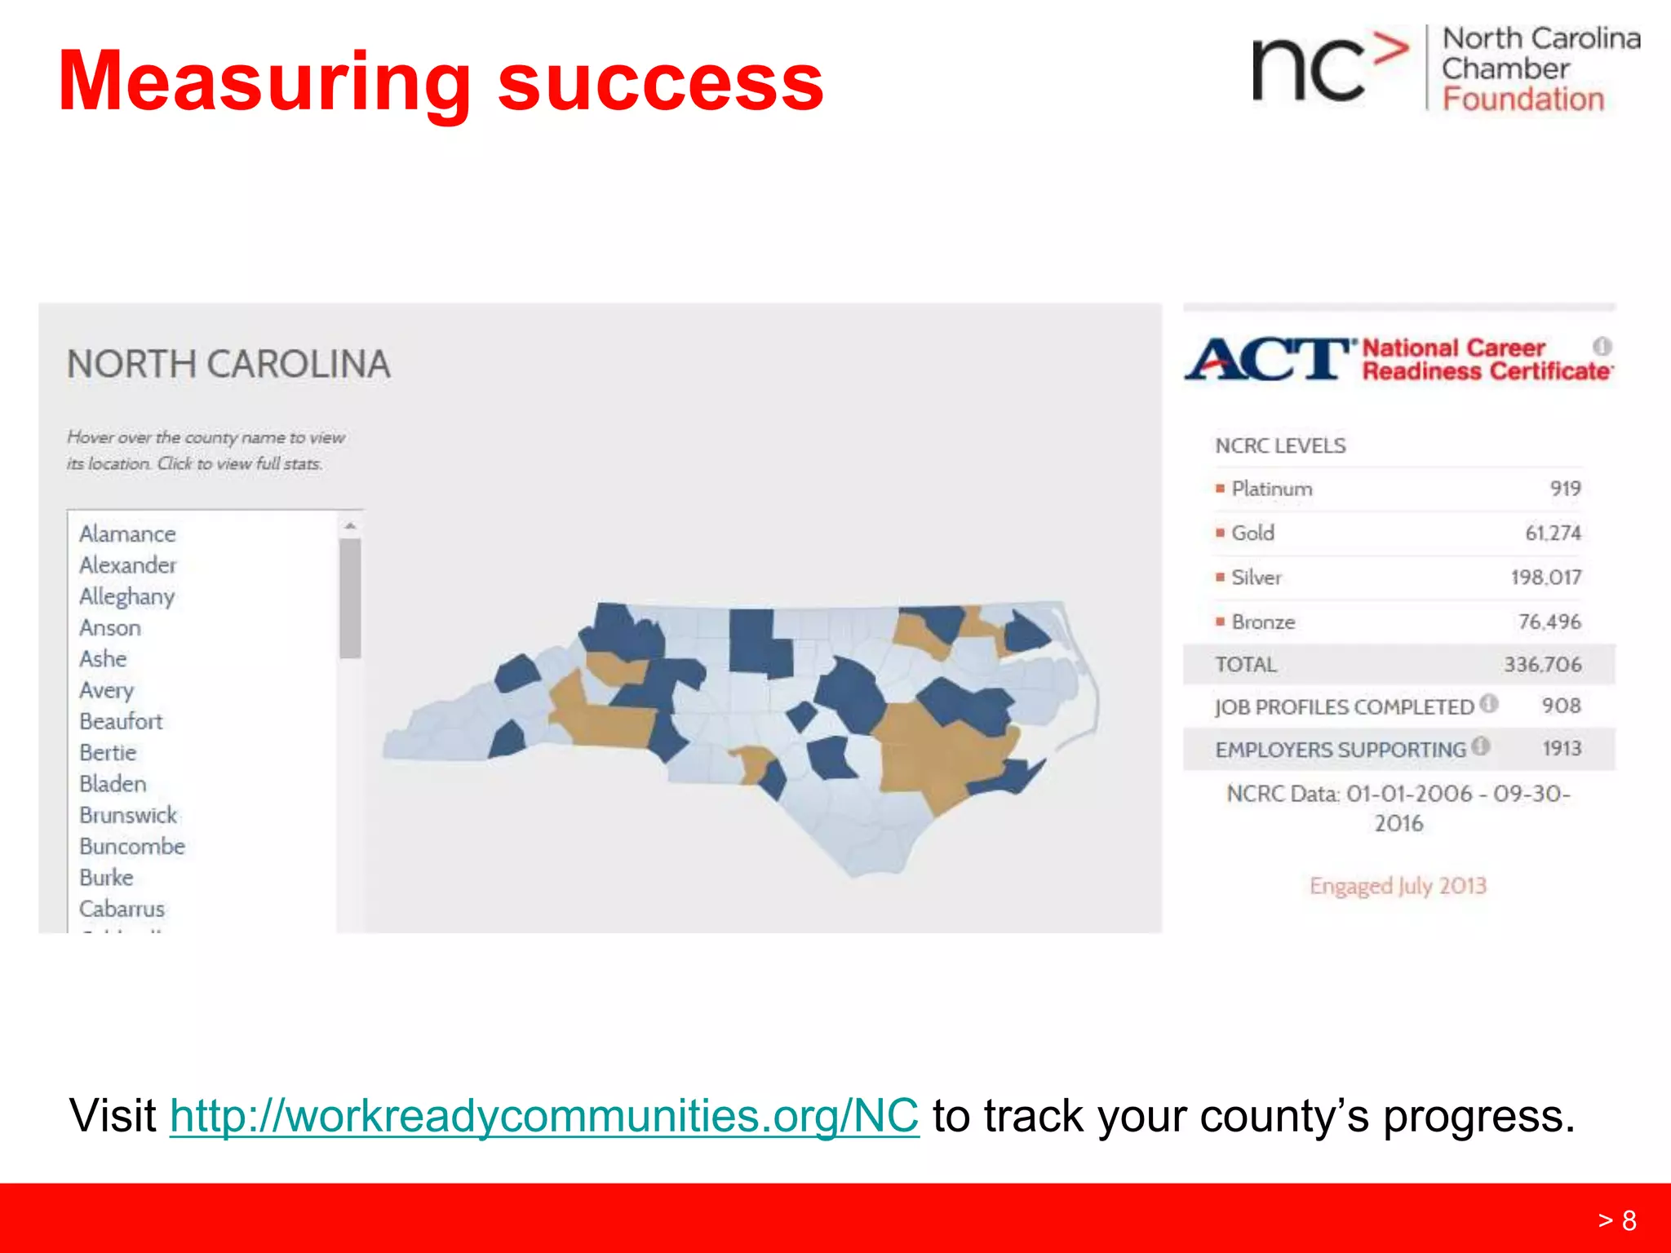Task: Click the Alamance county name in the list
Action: coord(127,534)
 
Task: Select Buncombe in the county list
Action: coord(132,846)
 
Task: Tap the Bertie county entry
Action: coord(108,752)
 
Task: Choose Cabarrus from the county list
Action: coord(122,909)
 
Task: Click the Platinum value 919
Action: coord(1565,489)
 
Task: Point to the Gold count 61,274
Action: coord(1553,533)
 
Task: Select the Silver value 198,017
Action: coord(1545,578)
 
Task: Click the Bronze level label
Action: coord(1263,622)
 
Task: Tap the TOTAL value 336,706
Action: coord(1542,665)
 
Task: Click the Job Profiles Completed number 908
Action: coord(1561,706)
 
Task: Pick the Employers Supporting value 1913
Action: coord(1561,749)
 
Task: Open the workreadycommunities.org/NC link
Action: coord(544,1116)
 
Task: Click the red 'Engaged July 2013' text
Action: coord(1398,886)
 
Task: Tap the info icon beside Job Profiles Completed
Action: coord(1489,703)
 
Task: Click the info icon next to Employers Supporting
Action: coord(1481,746)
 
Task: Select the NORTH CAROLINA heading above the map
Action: coord(228,364)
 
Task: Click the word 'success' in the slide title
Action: coord(660,82)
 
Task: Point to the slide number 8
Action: coord(1629,1220)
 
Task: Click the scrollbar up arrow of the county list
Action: coord(350,526)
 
